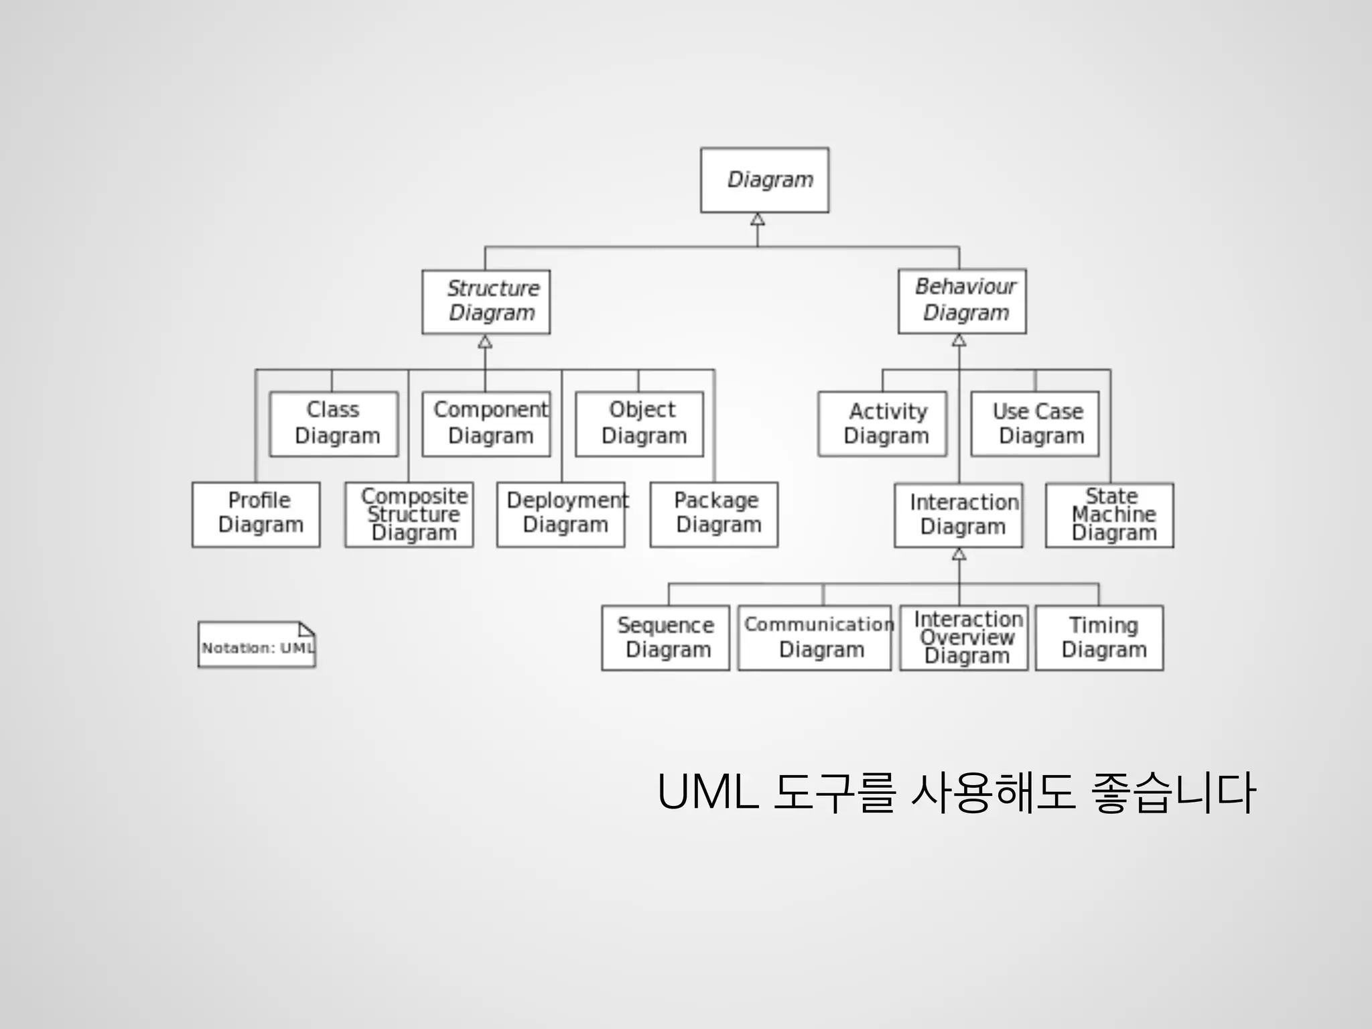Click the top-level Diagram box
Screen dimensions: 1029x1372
pos(764,180)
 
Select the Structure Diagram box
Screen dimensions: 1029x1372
pos(486,301)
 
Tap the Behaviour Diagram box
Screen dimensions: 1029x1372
pos(962,301)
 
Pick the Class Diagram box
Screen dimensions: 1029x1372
pos(334,424)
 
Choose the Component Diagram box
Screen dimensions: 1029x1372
pos(486,424)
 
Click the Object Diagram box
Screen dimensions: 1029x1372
pos(640,424)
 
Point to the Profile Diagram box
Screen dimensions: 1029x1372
pos(256,514)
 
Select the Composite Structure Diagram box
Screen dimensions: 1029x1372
pos(409,514)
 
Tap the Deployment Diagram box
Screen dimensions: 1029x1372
pos(561,514)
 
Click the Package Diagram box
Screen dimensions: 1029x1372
pos(714,514)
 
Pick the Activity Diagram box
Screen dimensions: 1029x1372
pos(882,424)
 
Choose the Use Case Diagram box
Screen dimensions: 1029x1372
pos(1035,424)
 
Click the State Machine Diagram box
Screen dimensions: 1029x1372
pos(1109,515)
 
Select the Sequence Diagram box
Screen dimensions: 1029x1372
pos(666,638)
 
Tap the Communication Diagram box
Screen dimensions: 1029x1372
pos(815,638)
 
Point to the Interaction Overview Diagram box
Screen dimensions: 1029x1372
pos(964,638)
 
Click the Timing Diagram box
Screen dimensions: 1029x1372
pos(1099,638)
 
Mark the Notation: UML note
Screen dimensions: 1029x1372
pos(257,645)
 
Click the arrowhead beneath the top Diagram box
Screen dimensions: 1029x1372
pos(758,220)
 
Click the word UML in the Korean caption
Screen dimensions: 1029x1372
pos(707,793)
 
